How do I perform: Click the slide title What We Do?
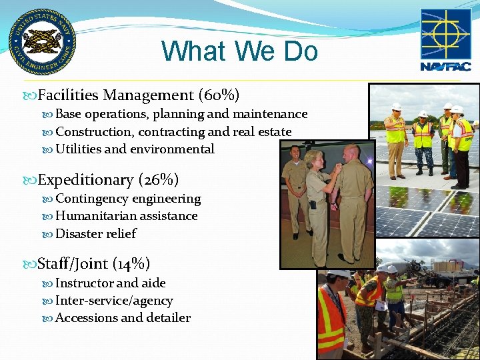pyautogui.click(x=239, y=51)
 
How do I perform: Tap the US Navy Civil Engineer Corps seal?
pyautogui.click(x=41, y=41)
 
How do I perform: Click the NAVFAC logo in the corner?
pyautogui.click(x=445, y=40)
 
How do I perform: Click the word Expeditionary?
pyautogui.click(x=86, y=180)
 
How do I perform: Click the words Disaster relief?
pyautogui.click(x=96, y=233)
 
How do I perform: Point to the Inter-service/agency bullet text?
pyautogui.click(x=114, y=301)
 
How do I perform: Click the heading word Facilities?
pyautogui.click(x=69, y=95)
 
